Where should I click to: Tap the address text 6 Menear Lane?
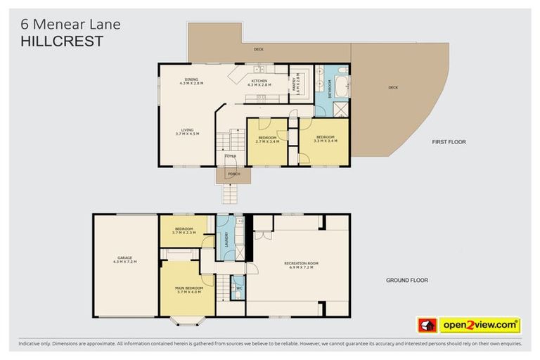pyautogui.click(x=70, y=24)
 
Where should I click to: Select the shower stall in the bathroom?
pyautogui.click(x=340, y=109)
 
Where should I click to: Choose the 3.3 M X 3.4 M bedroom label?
pyautogui.click(x=325, y=139)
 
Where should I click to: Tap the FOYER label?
pyautogui.click(x=230, y=156)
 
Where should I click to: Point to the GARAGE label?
pyautogui.click(x=125, y=259)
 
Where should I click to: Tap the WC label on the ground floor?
pyautogui.click(x=238, y=288)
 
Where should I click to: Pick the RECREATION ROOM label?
pyautogui.click(x=301, y=265)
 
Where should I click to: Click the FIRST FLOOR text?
pyautogui.click(x=449, y=142)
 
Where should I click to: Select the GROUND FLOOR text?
pyautogui.click(x=406, y=280)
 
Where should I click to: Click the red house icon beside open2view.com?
pyautogui.click(x=427, y=326)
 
